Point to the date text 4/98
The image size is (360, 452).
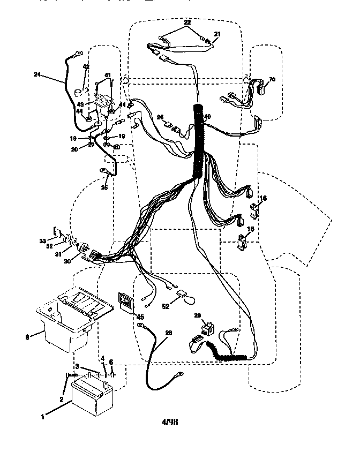(170, 422)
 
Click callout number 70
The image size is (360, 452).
(272, 79)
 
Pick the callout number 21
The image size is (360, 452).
(217, 34)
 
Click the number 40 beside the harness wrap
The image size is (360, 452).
(207, 117)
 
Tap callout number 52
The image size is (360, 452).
(167, 306)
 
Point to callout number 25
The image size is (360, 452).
(104, 187)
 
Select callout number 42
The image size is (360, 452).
(85, 67)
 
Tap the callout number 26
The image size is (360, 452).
(160, 117)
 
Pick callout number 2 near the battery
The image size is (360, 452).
(62, 399)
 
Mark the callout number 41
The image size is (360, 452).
(107, 75)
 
